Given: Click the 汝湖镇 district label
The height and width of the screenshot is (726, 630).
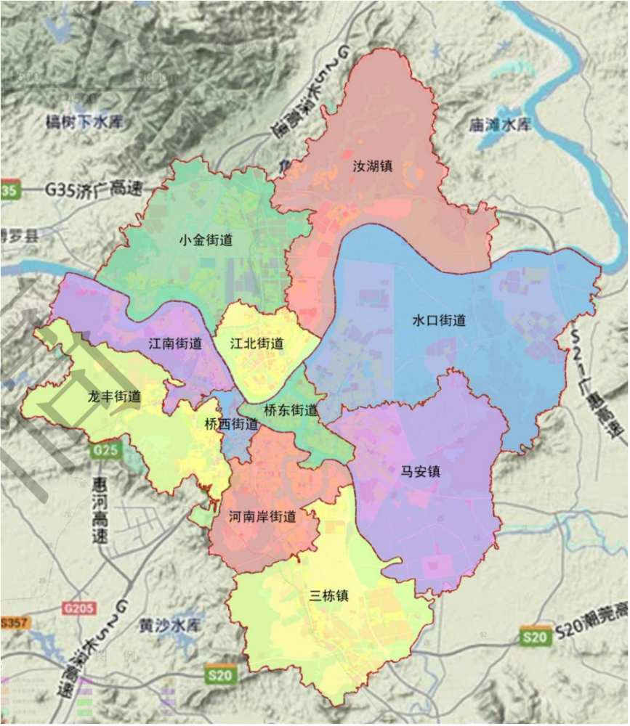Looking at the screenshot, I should (372, 166).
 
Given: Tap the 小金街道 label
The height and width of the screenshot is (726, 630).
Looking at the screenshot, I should (206, 240).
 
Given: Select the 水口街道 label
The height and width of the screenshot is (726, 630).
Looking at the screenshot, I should (439, 320).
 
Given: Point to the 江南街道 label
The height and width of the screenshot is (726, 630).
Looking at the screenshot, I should (175, 343).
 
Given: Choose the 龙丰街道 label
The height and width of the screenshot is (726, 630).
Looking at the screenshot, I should (114, 397).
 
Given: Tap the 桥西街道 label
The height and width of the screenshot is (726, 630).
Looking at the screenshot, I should (231, 424).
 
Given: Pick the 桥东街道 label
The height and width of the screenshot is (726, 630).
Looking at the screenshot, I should (291, 410).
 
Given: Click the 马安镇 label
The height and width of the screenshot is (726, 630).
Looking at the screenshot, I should (421, 471).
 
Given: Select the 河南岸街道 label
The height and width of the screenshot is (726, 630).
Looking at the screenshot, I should (262, 517).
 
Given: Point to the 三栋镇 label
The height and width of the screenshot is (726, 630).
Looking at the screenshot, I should (329, 596).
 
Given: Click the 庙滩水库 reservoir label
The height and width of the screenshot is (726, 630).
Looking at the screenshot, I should (501, 124).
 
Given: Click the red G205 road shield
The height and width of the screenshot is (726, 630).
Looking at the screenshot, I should (78, 607).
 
